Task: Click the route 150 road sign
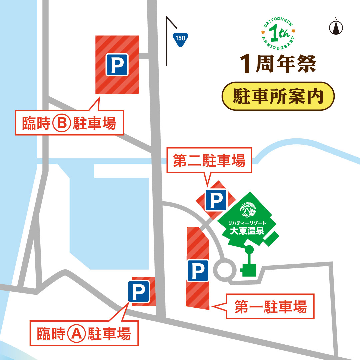180,38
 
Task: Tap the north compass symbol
336,27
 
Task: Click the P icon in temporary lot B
117,65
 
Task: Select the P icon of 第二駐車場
216,200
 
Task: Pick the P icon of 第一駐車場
198,270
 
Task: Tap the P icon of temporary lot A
139,292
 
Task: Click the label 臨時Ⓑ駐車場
69,123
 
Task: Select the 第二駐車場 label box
209,162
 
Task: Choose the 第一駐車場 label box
270,306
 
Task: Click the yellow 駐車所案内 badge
277,96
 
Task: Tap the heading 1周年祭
277,64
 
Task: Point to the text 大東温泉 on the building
247,231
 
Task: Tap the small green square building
248,269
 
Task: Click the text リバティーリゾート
246,222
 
